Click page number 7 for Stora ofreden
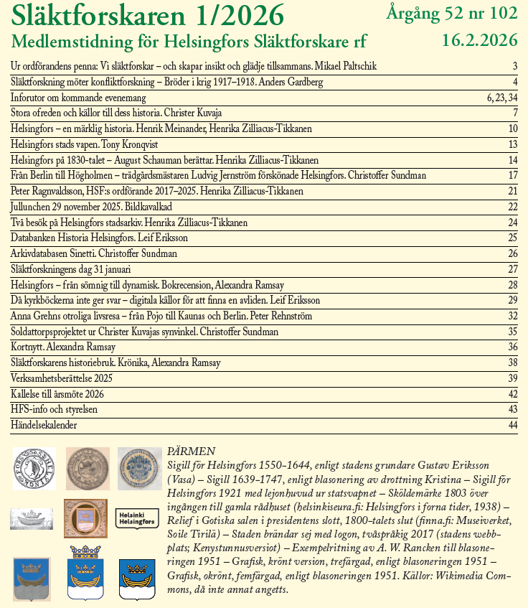[x=514, y=113]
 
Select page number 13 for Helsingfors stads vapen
[x=512, y=144]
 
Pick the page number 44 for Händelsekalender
[x=512, y=425]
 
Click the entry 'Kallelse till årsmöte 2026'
[x=58, y=394]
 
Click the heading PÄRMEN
[x=191, y=452]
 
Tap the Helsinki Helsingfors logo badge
[x=137, y=518]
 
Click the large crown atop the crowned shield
[x=85, y=551]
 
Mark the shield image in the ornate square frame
[x=85, y=518]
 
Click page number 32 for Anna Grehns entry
[x=512, y=316]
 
